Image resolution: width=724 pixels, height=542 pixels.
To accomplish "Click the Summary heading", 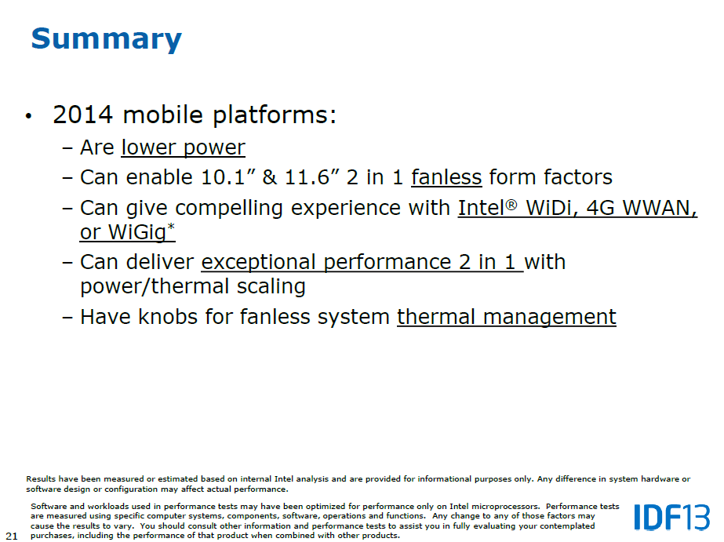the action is [x=106, y=39].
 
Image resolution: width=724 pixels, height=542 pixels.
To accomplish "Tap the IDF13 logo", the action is [x=671, y=518].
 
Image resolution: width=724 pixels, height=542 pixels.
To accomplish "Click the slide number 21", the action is [x=12, y=536].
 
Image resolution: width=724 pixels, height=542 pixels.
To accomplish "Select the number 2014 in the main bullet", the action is [x=82, y=115].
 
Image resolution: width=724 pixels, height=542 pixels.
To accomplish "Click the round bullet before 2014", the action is [x=29, y=116].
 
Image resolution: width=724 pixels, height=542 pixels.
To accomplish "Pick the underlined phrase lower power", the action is [x=183, y=147].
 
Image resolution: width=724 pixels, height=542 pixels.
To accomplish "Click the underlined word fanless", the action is [x=446, y=177].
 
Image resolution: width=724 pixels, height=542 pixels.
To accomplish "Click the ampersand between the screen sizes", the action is [x=270, y=177].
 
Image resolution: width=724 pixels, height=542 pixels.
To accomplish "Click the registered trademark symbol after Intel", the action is [x=511, y=204].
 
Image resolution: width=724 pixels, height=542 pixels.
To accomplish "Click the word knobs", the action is [x=168, y=317].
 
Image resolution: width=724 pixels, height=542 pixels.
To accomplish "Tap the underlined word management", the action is [x=549, y=318].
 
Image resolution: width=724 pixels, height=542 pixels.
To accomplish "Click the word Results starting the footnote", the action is [x=41, y=479].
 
